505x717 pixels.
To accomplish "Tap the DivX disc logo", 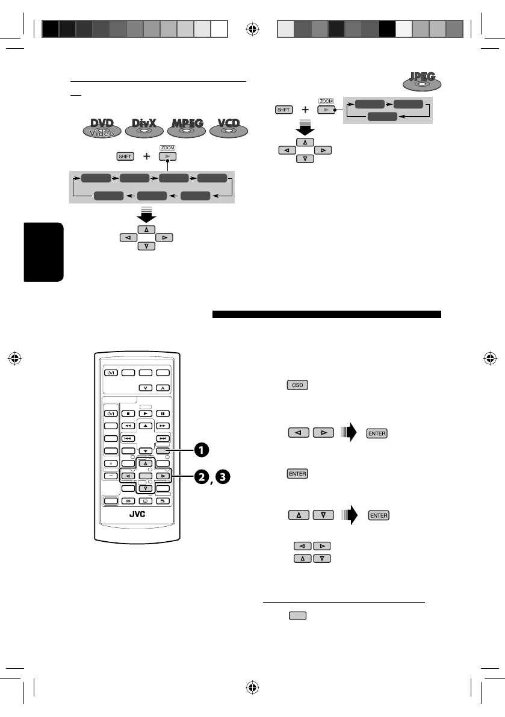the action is tap(144, 128).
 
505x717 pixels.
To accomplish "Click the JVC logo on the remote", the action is tap(138, 514).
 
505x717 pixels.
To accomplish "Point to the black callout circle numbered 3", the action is tap(223, 477).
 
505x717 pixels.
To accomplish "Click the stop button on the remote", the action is tap(128, 414).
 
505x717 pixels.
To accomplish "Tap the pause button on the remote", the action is tap(163, 414).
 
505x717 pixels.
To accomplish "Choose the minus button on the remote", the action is tap(111, 476).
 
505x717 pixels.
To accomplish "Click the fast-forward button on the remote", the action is tap(163, 426).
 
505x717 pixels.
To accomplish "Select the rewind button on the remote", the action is tap(128, 426).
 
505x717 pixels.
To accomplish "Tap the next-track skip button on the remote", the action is tap(163, 438).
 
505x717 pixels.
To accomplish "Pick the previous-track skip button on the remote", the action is tap(128, 438).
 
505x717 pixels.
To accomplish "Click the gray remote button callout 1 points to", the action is tap(163, 450).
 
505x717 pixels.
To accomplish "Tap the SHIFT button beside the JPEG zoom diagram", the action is tap(284, 110).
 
